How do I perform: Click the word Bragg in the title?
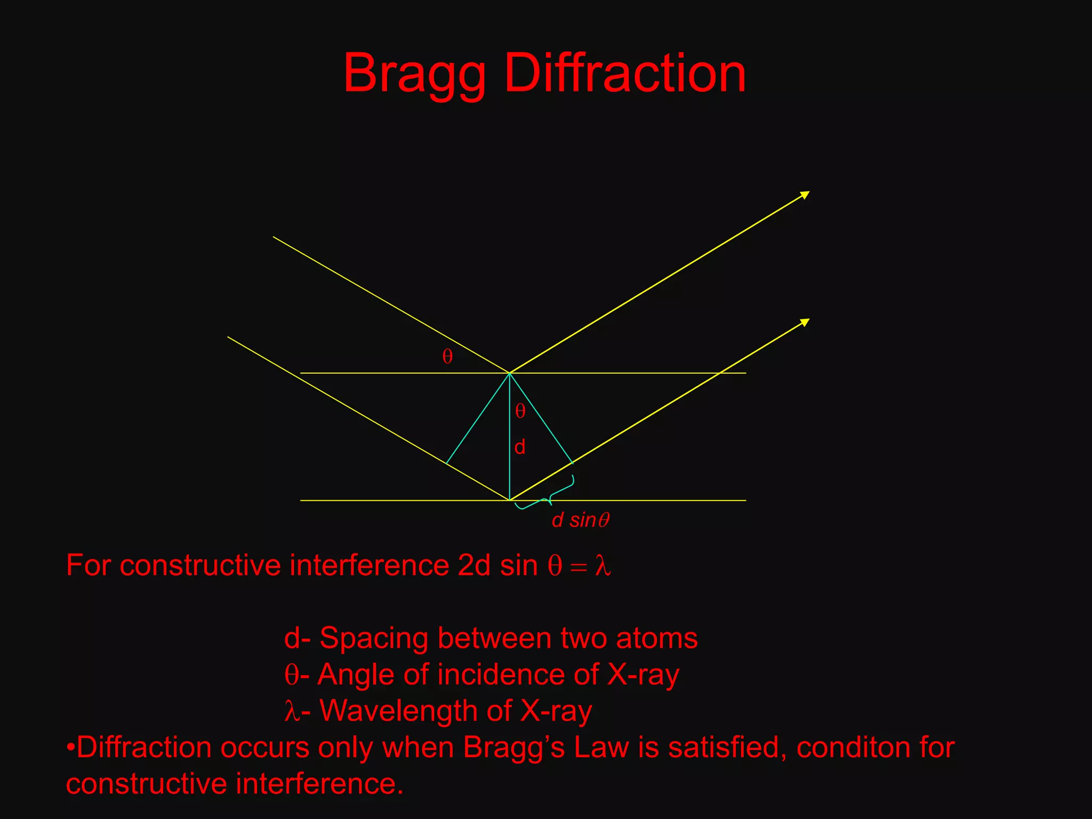click(414, 75)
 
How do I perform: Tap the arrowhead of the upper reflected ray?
click(805, 194)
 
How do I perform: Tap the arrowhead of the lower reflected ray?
click(805, 322)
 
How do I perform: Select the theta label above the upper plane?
click(447, 357)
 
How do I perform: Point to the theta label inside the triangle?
click(520, 411)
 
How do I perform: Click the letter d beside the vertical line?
click(520, 447)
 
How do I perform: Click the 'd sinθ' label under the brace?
click(580, 520)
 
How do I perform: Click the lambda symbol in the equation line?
click(603, 565)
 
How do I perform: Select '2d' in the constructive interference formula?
click(473, 565)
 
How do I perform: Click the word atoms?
click(656, 638)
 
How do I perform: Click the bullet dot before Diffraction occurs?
click(70, 747)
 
